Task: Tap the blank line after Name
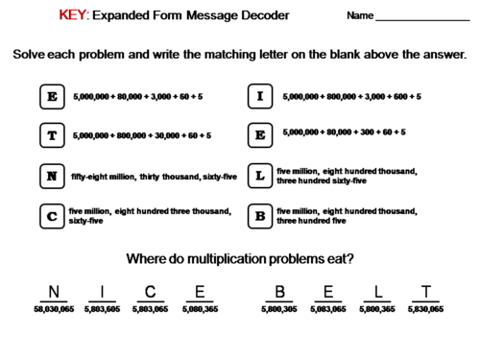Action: tap(422, 19)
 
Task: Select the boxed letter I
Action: tap(259, 97)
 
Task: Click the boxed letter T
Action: tap(52, 135)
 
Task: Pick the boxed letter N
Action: tap(52, 176)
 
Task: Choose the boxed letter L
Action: tap(259, 176)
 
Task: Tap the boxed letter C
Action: tap(52, 215)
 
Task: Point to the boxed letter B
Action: tap(259, 215)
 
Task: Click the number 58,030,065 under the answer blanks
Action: tap(54, 310)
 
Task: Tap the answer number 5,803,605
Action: tap(102, 310)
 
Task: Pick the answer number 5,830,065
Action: tap(425, 310)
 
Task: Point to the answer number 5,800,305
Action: tap(279, 310)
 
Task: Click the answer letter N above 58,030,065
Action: tap(54, 292)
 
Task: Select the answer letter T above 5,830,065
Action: tap(425, 292)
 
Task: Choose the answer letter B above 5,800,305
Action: tap(279, 292)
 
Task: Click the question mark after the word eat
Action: tap(350, 258)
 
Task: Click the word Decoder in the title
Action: tap(261, 16)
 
